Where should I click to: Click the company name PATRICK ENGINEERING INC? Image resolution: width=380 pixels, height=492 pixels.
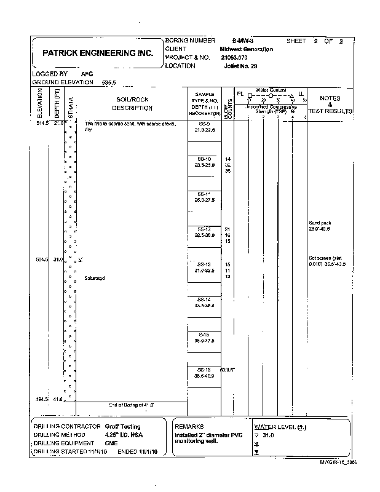[x=98, y=54]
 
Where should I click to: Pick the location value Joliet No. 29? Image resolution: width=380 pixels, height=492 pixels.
[x=240, y=65]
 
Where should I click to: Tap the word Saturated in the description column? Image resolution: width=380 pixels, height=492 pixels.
[x=95, y=279]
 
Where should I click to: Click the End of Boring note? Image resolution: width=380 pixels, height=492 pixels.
[x=132, y=405]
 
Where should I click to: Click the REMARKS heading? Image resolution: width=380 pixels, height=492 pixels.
[x=189, y=426]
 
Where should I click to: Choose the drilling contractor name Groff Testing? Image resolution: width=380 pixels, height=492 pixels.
[x=122, y=426]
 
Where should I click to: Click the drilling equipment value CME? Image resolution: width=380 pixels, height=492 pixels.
[x=111, y=442]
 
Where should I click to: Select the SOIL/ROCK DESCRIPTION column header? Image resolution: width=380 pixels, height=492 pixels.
[x=132, y=103]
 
